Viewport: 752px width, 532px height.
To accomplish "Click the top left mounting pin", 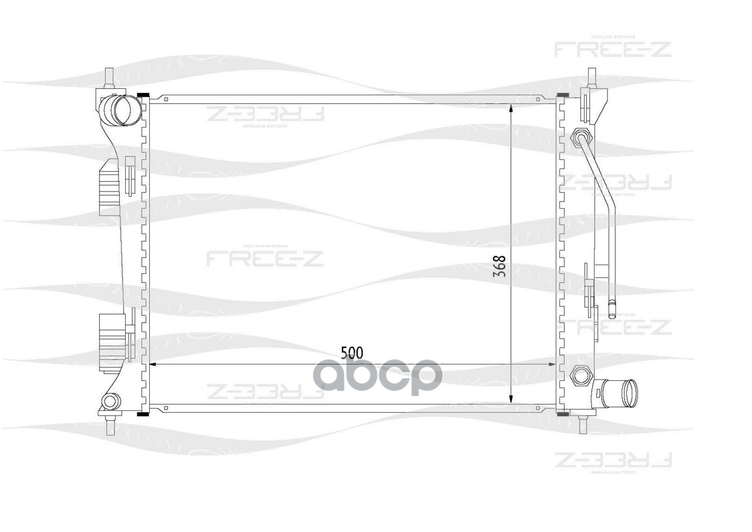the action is coord(109,78).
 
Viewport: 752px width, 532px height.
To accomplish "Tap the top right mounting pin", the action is coord(592,78).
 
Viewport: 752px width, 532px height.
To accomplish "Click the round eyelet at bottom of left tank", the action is coord(109,401).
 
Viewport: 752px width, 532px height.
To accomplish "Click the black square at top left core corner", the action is coord(142,95).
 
